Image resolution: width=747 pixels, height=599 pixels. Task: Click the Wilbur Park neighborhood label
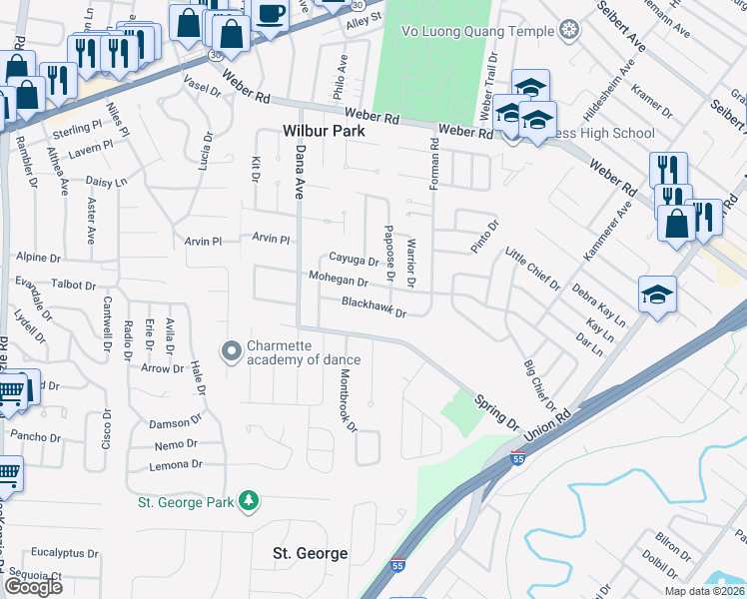324,131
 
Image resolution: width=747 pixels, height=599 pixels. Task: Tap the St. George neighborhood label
311,553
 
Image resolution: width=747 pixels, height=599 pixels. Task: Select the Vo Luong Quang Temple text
476,31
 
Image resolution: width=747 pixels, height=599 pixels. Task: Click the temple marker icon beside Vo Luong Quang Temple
569,30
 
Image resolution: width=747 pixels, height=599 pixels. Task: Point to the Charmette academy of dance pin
232,350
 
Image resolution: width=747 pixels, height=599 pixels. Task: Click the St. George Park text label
186,501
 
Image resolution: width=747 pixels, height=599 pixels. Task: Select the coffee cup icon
271,14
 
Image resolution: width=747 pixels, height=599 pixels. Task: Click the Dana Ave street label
298,173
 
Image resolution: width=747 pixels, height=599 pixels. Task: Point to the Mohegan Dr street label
339,279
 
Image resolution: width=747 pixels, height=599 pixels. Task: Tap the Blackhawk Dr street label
374,306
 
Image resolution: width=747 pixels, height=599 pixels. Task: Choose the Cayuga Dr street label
355,259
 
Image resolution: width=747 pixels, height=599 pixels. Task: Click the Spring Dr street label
497,410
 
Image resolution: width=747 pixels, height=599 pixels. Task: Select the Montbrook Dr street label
347,399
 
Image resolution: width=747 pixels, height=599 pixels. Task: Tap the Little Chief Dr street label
532,269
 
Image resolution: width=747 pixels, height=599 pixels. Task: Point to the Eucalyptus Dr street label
62,551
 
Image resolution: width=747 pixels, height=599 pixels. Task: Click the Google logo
33,587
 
